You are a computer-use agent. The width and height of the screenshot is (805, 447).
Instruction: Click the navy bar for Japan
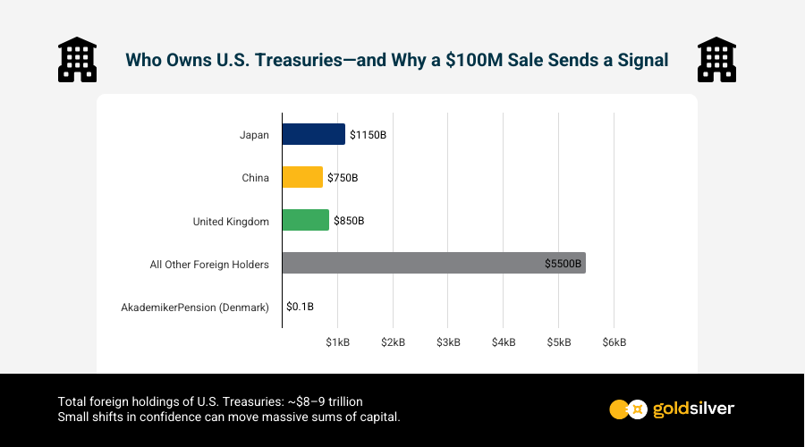[x=313, y=134]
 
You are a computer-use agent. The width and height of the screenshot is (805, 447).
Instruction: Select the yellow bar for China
[x=302, y=177]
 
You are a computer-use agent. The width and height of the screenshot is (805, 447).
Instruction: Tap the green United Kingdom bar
[x=305, y=220]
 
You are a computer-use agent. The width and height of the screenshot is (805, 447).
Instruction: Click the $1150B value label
[x=368, y=135]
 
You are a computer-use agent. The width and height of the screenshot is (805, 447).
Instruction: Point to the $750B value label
[x=343, y=178]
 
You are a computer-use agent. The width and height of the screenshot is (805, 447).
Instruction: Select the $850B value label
[x=349, y=221]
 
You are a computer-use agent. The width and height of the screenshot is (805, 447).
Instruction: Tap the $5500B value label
[x=563, y=264]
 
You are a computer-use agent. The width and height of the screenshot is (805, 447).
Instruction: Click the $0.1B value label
[x=300, y=307]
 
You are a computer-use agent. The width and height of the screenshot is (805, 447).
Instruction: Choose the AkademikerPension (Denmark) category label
[x=195, y=308]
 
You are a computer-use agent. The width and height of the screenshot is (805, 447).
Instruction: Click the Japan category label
[x=254, y=135]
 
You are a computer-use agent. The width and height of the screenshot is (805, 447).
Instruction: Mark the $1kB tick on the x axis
[x=337, y=342]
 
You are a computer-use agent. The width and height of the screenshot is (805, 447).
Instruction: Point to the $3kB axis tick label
[x=448, y=342]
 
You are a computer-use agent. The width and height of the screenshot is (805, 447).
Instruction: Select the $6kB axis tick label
[x=614, y=342]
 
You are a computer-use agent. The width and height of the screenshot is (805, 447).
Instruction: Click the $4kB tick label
[x=504, y=342]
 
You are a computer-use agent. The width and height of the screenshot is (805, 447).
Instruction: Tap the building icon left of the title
[x=77, y=60]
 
